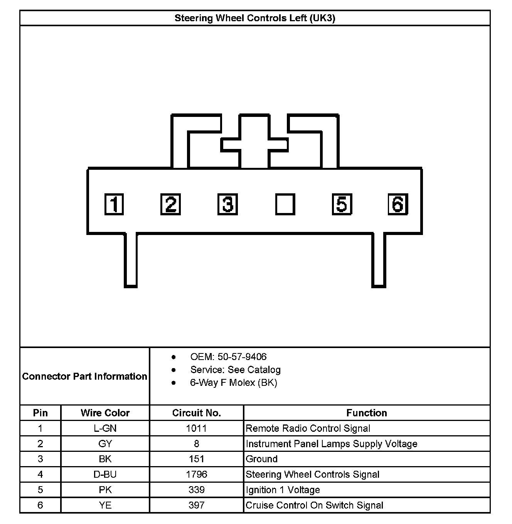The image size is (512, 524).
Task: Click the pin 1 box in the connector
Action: pos(114,204)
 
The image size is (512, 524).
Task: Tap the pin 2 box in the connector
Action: pos(170,204)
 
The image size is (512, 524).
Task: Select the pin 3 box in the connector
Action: pos(227,204)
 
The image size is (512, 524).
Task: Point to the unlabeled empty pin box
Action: pos(285,204)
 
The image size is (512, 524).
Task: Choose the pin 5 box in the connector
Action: pos(342,204)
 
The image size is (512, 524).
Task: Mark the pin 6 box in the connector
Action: pos(398,204)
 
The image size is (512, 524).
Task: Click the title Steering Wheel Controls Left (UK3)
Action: pos(255,18)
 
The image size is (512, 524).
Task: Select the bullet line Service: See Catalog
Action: pos(235,370)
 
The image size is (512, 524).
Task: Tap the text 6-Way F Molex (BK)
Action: pos(234,382)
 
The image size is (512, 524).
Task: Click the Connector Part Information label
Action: pos(84,376)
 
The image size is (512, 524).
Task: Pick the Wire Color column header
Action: pos(105,413)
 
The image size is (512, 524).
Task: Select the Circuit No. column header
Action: pos(197,413)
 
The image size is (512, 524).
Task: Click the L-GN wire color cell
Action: pos(105,428)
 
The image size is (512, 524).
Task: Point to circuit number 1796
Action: pos(197,474)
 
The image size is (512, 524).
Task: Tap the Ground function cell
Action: pos(262,459)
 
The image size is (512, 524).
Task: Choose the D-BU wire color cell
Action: pos(105,474)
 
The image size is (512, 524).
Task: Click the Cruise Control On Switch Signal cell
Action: pos(314,505)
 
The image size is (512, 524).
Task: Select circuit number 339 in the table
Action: pos(197,490)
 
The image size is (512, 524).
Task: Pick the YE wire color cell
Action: pos(105,505)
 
